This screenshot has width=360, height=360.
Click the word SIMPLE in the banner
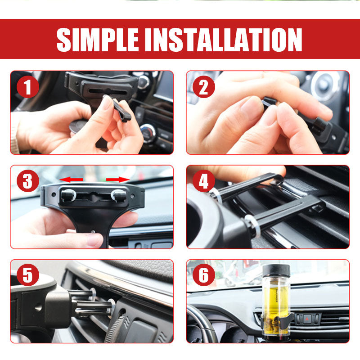pos(98,40)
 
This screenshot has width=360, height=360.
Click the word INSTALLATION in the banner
pos(223,40)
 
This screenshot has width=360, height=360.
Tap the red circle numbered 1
pos(28,87)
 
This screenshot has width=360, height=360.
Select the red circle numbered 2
pos(204,87)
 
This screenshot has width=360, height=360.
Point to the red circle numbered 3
pos(28,181)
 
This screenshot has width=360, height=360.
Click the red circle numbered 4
pos(204,181)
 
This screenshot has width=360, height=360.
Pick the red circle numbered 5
pos(28,275)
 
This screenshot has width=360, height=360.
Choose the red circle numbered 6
pos(204,275)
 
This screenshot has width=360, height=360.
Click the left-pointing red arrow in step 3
pos(71,180)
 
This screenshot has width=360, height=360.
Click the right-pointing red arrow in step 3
pos(118,180)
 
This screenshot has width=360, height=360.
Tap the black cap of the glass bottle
pos(276,270)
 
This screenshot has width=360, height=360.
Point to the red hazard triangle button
pos(307,319)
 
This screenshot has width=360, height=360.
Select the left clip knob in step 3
pos(68,195)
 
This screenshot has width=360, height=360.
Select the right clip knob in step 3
pos(119,196)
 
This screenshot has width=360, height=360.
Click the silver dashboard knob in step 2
pos(326,85)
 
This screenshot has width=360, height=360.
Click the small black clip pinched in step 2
pos(269,103)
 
